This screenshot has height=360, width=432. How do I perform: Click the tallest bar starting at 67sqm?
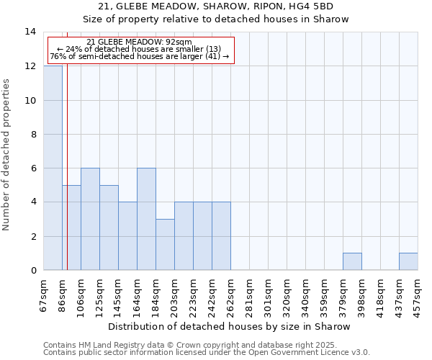(53, 168)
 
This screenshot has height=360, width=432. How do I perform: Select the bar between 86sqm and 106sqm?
(71, 228)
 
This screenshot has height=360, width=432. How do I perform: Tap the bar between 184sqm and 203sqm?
(165, 244)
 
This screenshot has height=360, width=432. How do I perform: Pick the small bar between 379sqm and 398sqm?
(352, 261)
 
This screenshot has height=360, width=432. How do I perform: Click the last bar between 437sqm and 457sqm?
(408, 261)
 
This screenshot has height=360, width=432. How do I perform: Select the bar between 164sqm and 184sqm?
(146, 219)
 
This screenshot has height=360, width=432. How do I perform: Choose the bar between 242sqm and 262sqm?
(221, 236)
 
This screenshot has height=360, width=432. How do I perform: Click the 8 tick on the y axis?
(32, 134)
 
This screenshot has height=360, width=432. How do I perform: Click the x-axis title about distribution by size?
(230, 326)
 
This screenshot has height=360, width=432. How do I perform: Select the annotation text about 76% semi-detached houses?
(140, 56)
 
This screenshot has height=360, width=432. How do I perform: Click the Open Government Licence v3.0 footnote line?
(207, 353)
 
